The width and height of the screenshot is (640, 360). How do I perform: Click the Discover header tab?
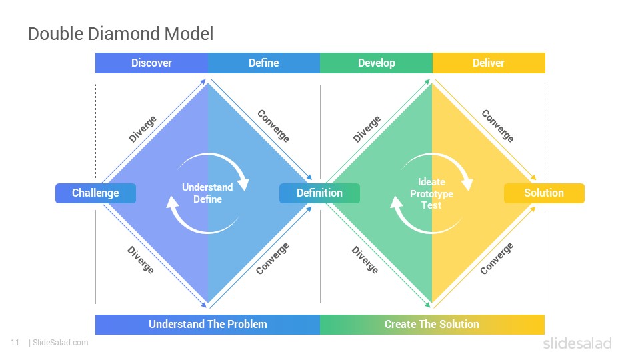tap(151, 63)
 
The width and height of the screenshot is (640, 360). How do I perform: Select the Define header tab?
tap(264, 63)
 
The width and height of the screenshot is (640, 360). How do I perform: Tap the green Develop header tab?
tap(376, 63)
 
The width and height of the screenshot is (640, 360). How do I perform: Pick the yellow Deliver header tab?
tap(489, 63)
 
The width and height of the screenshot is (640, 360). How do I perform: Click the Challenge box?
tap(95, 193)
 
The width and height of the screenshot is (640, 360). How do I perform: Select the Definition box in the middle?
tap(319, 193)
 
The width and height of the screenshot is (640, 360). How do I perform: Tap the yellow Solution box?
tap(544, 193)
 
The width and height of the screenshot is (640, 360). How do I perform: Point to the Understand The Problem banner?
tap(208, 325)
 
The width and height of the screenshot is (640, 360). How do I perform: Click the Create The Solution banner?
tap(432, 325)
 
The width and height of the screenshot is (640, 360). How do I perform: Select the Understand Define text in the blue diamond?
tap(207, 193)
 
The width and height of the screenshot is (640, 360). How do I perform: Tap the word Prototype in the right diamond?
tap(431, 194)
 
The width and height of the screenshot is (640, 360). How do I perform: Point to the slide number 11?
tap(15, 343)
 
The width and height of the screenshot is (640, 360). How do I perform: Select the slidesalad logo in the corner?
tap(577, 343)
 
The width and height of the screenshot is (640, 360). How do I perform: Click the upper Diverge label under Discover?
tap(143, 129)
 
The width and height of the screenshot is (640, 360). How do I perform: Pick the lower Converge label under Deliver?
tap(496, 259)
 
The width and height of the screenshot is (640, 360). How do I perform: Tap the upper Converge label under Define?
tap(273, 126)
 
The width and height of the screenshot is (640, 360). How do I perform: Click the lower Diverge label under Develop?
tap(365, 259)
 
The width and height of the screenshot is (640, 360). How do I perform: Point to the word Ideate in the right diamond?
tap(431, 182)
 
